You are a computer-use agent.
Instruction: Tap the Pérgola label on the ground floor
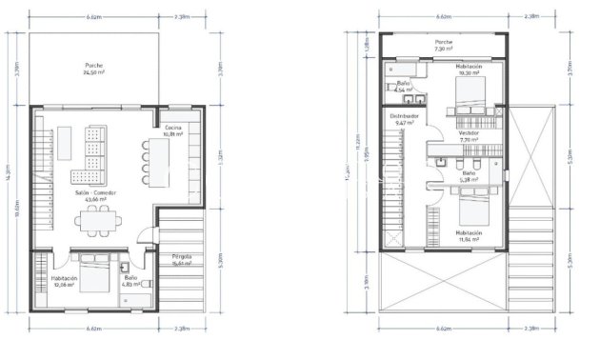point(182,262)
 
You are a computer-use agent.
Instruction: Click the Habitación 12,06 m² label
point(64,281)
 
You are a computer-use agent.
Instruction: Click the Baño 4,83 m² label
point(130,282)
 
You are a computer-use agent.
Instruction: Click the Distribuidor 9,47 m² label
point(405,120)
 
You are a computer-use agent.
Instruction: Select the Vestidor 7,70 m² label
point(469,136)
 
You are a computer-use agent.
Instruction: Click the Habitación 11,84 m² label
point(468,235)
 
